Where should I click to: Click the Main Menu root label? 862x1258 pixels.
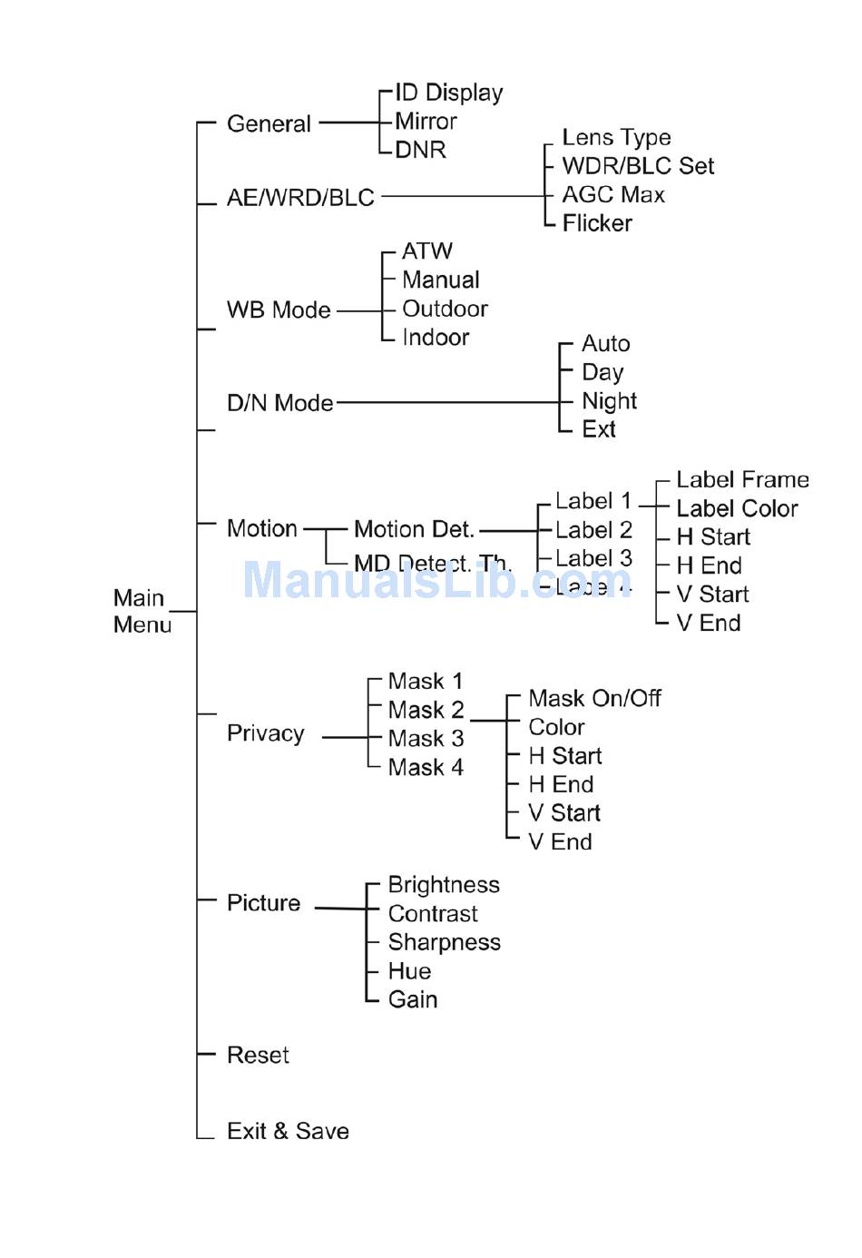pyautogui.click(x=142, y=611)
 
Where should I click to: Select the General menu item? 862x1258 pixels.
pyautogui.click(x=269, y=123)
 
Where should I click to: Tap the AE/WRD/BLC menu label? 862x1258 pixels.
pyautogui.click(x=300, y=198)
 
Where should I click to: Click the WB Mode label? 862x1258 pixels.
pyautogui.click(x=279, y=310)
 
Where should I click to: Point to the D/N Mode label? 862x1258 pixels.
pyautogui.click(x=279, y=403)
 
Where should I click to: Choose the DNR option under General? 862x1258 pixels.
pyautogui.click(x=421, y=151)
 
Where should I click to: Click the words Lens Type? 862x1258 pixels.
pyautogui.click(x=616, y=137)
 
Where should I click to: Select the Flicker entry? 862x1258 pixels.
pyautogui.click(x=597, y=223)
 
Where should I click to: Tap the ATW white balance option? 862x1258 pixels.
pyautogui.click(x=426, y=251)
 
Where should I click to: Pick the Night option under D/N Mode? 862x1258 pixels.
pyautogui.click(x=609, y=401)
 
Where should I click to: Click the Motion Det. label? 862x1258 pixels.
pyautogui.click(x=414, y=529)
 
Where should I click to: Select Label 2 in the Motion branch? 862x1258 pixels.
pyautogui.click(x=593, y=530)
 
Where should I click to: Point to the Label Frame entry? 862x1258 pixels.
pyautogui.click(x=742, y=480)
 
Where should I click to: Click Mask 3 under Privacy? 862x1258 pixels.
pyautogui.click(x=426, y=739)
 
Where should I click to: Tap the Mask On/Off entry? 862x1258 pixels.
pyautogui.click(x=594, y=699)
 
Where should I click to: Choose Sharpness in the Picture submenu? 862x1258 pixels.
pyautogui.click(x=444, y=943)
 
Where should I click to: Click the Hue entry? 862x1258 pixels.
pyautogui.click(x=409, y=971)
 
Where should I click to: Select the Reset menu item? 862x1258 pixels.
pyautogui.click(x=258, y=1056)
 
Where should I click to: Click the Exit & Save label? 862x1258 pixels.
pyautogui.click(x=288, y=1132)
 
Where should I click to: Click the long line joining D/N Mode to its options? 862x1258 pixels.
pyautogui.click(x=445, y=402)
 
